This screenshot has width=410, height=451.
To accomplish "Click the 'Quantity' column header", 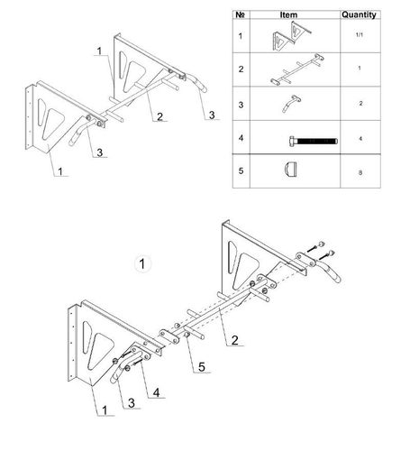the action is coord(359,14).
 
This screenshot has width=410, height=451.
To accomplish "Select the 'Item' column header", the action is coord(288,14).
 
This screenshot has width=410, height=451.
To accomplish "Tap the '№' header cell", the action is coord(241,14).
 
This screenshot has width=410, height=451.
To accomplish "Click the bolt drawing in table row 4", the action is coord(314,141).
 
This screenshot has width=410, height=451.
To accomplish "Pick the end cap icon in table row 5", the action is coord(290,170).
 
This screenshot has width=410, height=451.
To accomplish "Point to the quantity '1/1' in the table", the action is coord(360,35).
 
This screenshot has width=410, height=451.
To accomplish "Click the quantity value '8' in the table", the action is coord(360,172).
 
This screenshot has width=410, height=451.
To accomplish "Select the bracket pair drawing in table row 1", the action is coord(292,36).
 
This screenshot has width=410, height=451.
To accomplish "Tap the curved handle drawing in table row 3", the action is coord(291,104).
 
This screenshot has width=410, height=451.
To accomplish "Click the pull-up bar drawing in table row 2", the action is coord(296,69).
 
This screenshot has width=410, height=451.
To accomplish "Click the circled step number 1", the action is coord(142,264).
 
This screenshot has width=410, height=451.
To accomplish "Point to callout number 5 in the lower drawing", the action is coord(201,367).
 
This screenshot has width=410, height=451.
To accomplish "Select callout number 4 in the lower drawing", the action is coord(156,392).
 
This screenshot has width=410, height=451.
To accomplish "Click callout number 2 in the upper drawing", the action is coord(159,116).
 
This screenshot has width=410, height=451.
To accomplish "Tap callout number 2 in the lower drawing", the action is coord(234,340).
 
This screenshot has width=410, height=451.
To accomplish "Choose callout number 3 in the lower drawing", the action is coord(132,403).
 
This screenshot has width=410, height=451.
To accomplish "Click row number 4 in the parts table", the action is coord(241,138).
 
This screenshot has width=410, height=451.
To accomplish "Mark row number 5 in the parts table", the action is coord(241,170).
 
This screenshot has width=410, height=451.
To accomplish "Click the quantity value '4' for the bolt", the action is coord(360,139).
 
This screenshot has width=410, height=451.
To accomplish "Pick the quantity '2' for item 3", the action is coord(360,104).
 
